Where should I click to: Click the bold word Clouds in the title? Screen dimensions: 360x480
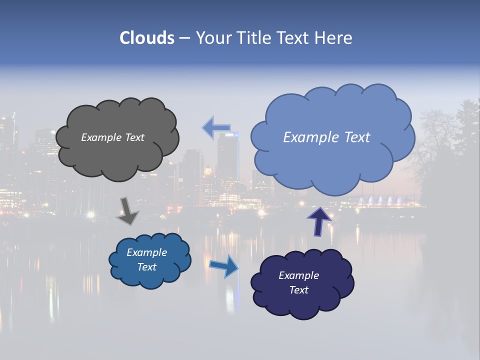click(x=147, y=38)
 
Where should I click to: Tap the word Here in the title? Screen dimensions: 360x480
click(x=334, y=38)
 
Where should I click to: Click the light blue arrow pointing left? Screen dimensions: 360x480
click(x=216, y=128)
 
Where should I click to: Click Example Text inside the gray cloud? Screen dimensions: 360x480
click(x=112, y=137)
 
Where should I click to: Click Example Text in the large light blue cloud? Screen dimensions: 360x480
click(x=326, y=137)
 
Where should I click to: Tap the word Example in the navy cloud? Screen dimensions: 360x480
click(x=298, y=275)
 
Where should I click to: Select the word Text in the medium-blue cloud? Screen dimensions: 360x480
click(x=147, y=267)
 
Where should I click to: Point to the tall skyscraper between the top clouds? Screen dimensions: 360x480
click(x=227, y=160)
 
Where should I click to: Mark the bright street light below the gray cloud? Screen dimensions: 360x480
click(x=90, y=215)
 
